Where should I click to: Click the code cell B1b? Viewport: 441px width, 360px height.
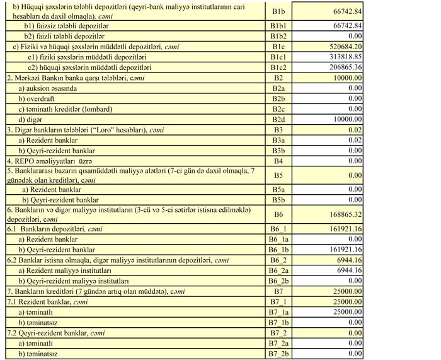278,11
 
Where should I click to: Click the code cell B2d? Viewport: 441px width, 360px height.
278,119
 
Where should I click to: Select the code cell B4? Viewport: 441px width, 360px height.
278,161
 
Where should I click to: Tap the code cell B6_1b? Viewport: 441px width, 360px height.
278,250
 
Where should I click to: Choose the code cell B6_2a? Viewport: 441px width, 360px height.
278,270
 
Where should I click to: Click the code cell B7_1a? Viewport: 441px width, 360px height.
278,311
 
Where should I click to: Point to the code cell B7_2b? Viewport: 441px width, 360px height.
278,354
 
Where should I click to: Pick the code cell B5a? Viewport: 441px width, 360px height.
278,189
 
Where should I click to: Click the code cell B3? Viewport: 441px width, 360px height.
278,129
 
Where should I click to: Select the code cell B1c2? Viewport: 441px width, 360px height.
278,67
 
